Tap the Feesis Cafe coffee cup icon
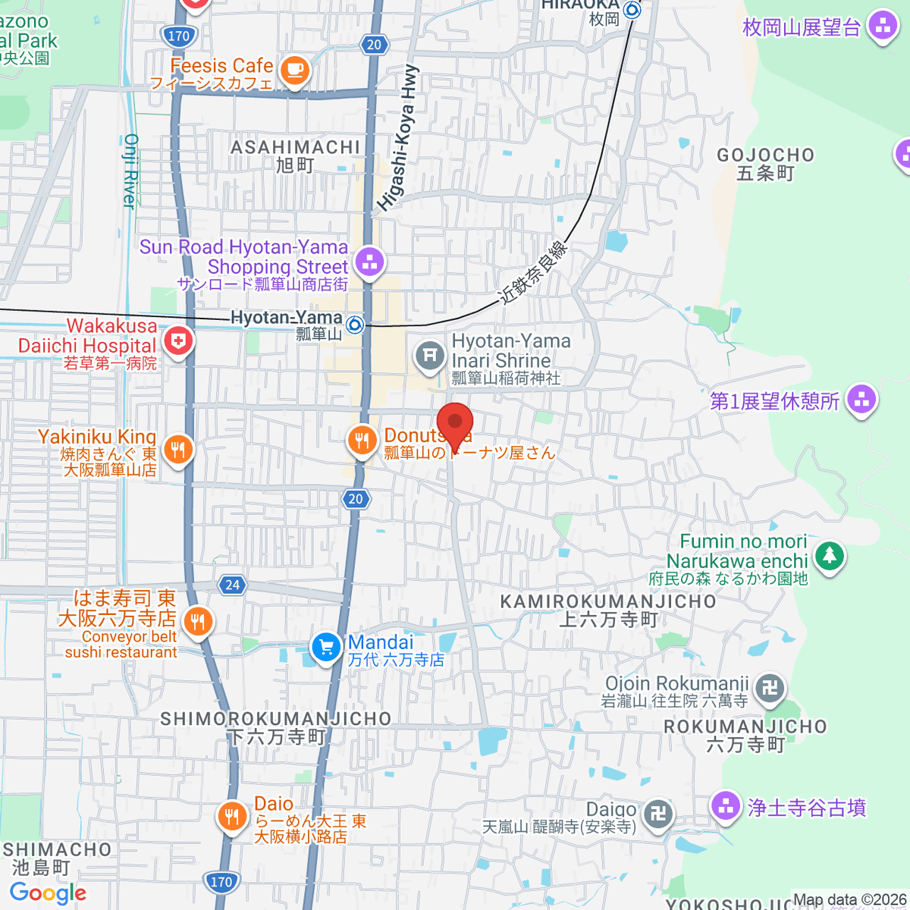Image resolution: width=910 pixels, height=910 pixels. (x=294, y=71)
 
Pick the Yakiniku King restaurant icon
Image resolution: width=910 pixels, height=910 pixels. (x=177, y=449)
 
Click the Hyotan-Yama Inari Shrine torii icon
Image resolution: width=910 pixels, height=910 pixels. (x=430, y=354)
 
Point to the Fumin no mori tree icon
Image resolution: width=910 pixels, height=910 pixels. (x=829, y=556)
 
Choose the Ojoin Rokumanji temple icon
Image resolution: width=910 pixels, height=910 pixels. (x=770, y=688)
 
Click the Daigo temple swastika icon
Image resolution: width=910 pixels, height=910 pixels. (x=657, y=814)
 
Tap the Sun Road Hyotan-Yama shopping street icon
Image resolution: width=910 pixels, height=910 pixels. (x=369, y=262)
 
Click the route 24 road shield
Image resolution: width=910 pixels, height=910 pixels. (x=232, y=585)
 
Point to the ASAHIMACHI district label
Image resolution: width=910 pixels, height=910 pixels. (x=295, y=147)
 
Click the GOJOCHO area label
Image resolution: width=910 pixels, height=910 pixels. (x=766, y=155)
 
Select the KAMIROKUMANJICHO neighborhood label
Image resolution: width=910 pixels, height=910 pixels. (x=608, y=601)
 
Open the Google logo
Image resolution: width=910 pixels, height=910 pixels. (x=48, y=893)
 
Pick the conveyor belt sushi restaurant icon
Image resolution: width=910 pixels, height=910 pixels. (x=197, y=622)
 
